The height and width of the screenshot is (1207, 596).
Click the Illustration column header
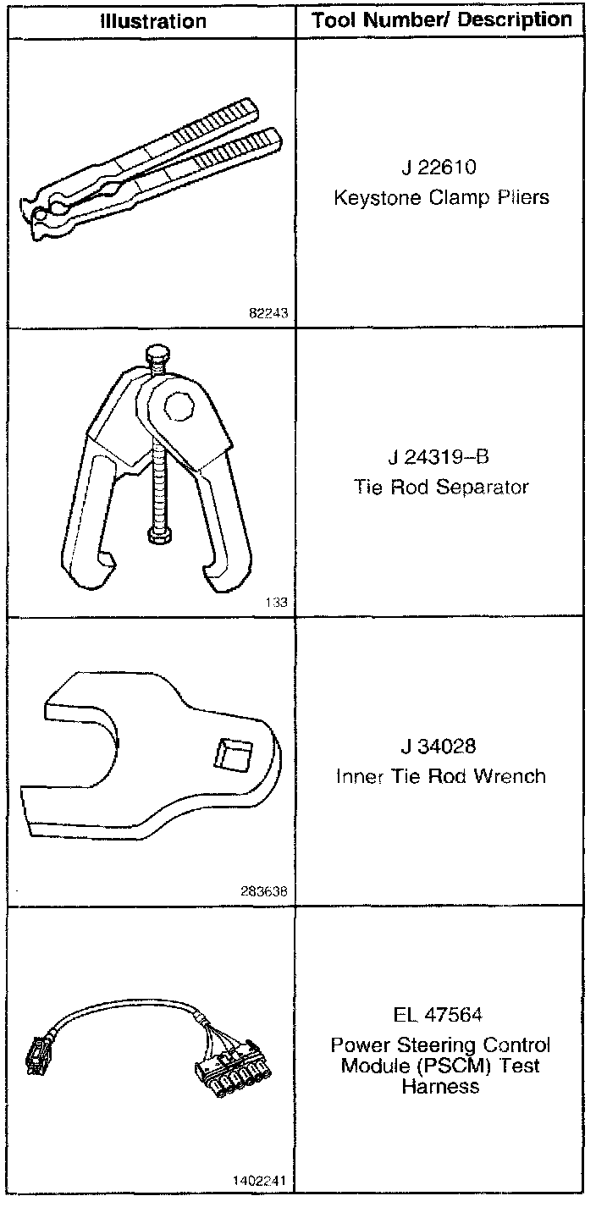point(152,20)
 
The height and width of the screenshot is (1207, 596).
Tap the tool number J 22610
point(440,168)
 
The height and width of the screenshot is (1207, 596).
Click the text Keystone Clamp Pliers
point(441,198)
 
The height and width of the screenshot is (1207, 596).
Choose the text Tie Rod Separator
point(441,488)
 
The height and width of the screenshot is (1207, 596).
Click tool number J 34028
point(440,747)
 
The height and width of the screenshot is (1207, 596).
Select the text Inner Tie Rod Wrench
point(441,776)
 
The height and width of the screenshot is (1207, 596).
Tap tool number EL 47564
point(440,1014)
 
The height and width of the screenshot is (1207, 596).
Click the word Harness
point(441,1086)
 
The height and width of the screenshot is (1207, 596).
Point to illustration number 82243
point(269,312)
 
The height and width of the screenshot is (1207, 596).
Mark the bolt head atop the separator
point(157,354)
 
